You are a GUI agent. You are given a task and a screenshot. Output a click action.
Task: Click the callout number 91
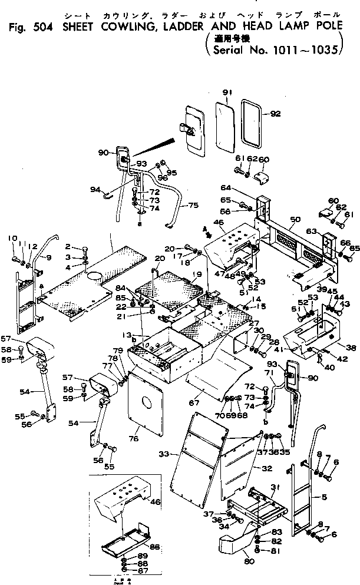(228, 92)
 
